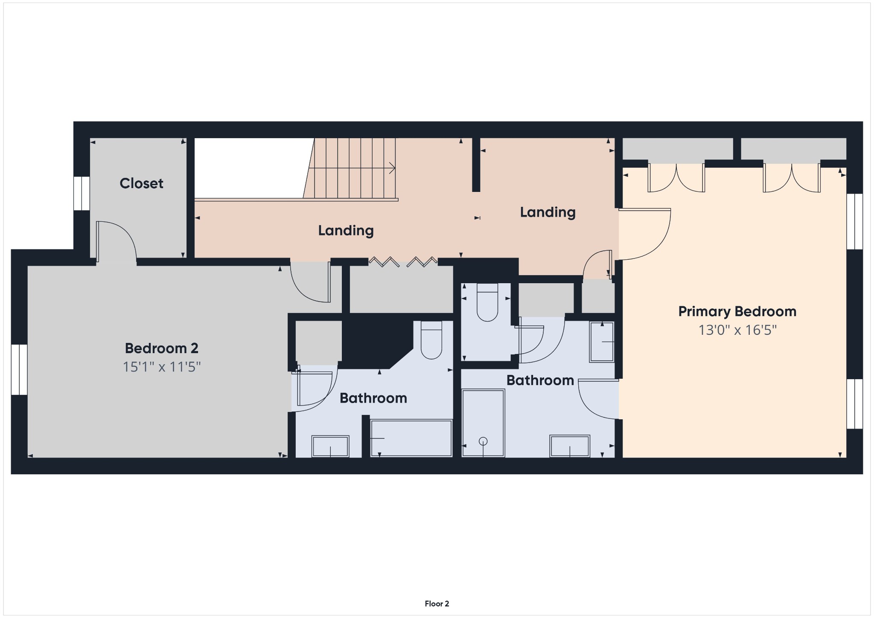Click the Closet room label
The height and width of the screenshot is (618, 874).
pyautogui.click(x=141, y=183)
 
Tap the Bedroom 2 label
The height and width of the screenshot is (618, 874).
pyautogui.click(x=161, y=348)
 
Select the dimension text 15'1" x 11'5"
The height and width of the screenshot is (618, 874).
pyautogui.click(x=161, y=367)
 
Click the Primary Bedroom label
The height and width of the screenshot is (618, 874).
pyautogui.click(x=737, y=312)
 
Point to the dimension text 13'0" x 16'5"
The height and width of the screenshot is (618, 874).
pyautogui.click(x=737, y=330)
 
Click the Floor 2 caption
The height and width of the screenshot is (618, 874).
pyautogui.click(x=437, y=603)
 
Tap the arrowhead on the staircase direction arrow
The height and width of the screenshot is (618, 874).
pyautogui.click(x=392, y=168)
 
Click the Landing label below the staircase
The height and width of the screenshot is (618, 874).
pyautogui.click(x=346, y=231)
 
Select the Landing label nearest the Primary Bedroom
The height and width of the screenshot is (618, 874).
pyautogui.click(x=548, y=212)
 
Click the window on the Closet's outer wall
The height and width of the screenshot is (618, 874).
pyautogui.click(x=82, y=193)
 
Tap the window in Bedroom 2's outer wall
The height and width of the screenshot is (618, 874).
pyautogui.click(x=19, y=369)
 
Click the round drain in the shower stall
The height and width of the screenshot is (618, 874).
pyautogui.click(x=483, y=441)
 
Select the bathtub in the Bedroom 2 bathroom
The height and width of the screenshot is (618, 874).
pyautogui.click(x=411, y=438)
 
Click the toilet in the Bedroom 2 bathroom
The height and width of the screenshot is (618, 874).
pyautogui.click(x=431, y=340)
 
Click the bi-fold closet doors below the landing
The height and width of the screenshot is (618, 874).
pyautogui.click(x=403, y=261)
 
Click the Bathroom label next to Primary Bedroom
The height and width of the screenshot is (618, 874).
pyautogui.click(x=540, y=380)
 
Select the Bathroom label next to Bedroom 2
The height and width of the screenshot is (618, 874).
pyautogui.click(x=373, y=398)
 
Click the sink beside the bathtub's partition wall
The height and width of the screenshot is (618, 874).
pyautogui.click(x=330, y=446)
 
